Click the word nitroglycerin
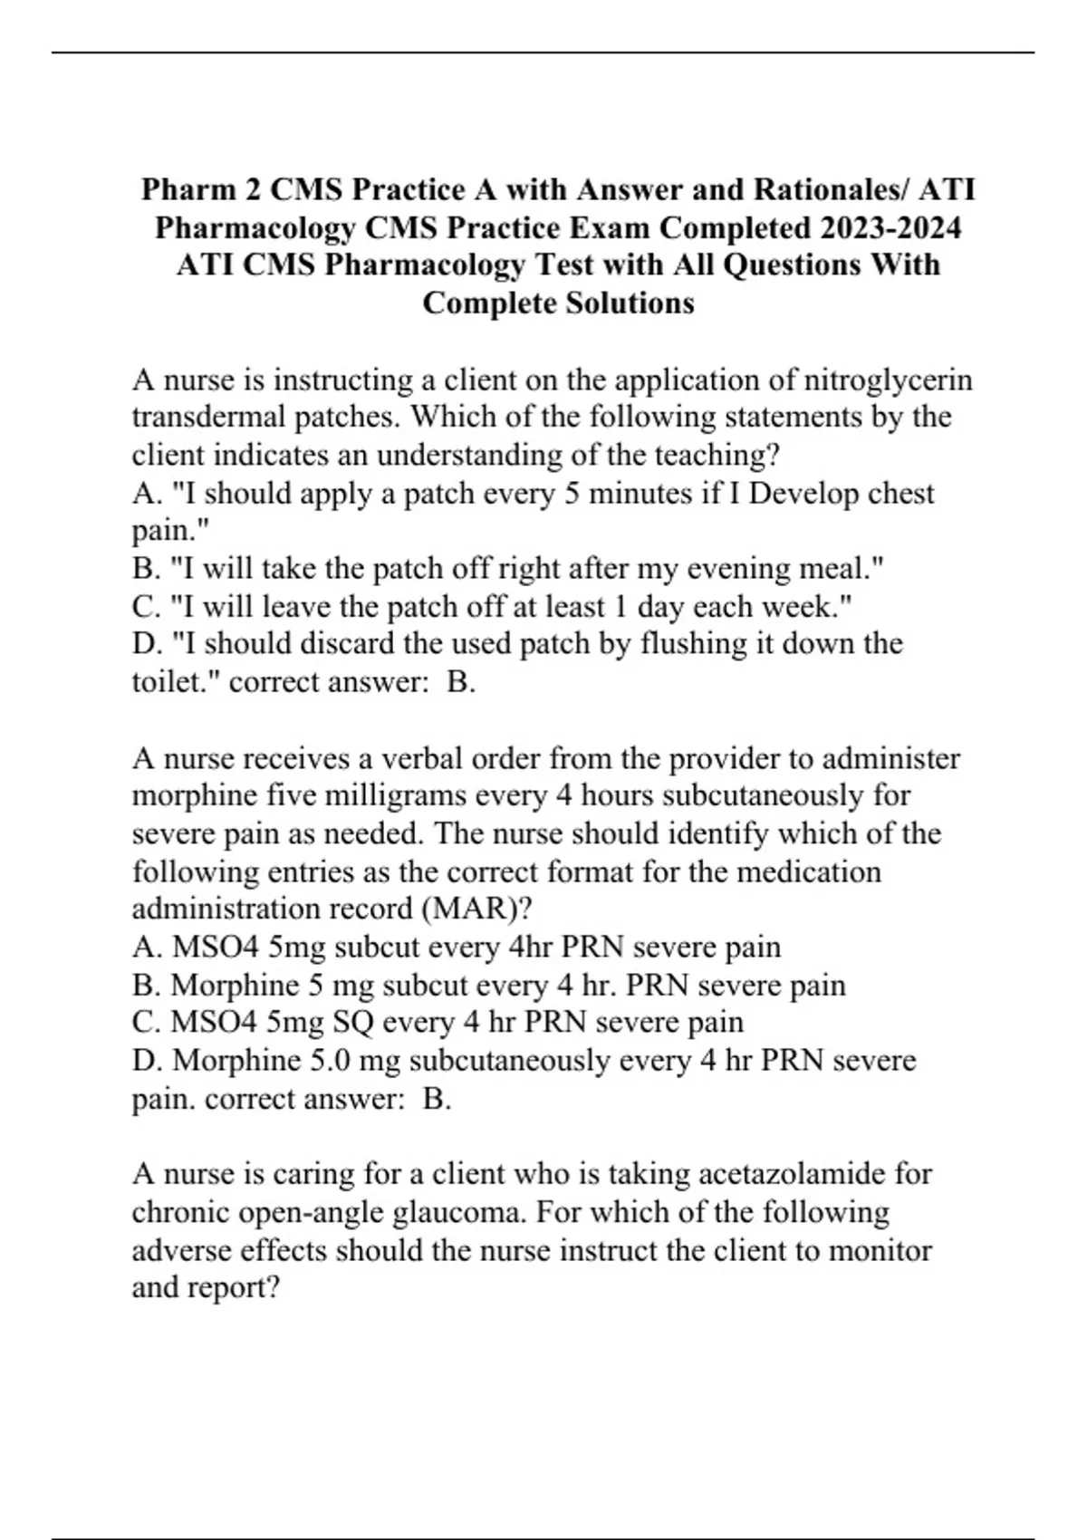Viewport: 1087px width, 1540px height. [x=889, y=380]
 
